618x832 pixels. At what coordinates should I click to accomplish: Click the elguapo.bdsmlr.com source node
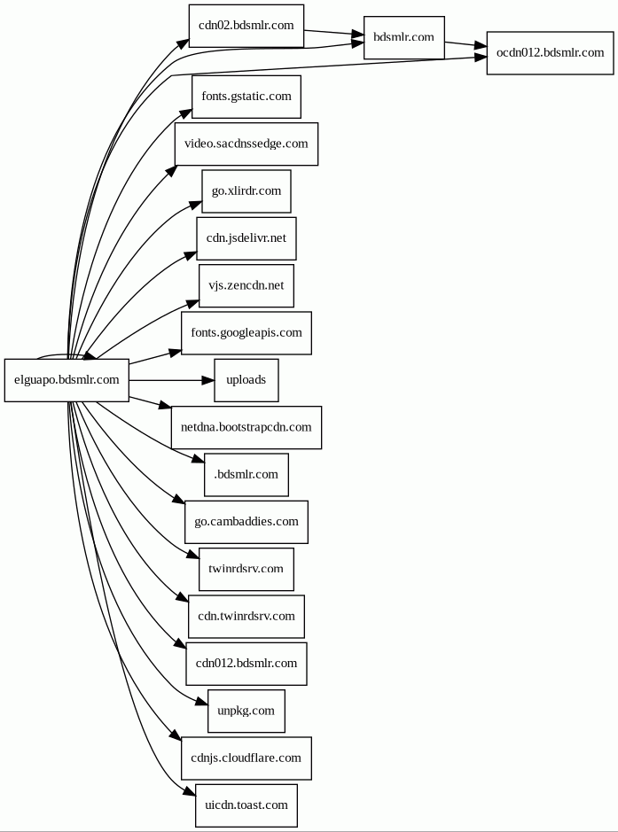click(x=66, y=380)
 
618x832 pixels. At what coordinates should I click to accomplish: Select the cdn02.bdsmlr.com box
click(x=246, y=26)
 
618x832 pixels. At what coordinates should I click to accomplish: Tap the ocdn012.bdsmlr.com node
click(x=550, y=52)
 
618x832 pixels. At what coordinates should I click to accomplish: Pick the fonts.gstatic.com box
click(x=246, y=97)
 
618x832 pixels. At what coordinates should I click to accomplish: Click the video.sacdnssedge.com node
click(x=246, y=144)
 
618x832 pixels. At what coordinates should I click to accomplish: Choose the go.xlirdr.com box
click(x=246, y=191)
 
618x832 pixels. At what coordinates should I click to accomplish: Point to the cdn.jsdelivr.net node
click(x=246, y=238)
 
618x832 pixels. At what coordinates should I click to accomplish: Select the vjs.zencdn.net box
click(x=246, y=285)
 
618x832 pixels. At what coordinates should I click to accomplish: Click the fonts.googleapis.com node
click(x=246, y=333)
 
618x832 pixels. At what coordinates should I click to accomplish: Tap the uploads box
click(x=246, y=380)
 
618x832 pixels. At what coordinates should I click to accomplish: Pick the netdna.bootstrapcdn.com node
click(x=246, y=427)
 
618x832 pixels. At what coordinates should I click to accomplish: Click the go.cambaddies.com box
click(x=246, y=522)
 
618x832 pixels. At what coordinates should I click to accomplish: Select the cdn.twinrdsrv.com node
click(x=246, y=616)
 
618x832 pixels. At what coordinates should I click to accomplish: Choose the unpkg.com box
click(x=246, y=711)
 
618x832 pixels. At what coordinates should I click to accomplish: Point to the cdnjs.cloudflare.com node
click(x=246, y=758)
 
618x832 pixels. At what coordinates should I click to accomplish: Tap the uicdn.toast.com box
click(x=246, y=805)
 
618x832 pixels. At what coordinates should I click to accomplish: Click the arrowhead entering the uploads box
click(x=208, y=380)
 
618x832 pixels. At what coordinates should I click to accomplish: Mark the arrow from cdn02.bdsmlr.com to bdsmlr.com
click(x=333, y=34)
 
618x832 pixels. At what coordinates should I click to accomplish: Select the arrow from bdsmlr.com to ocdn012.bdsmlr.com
click(x=465, y=45)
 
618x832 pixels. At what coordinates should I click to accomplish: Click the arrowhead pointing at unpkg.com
click(x=202, y=702)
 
